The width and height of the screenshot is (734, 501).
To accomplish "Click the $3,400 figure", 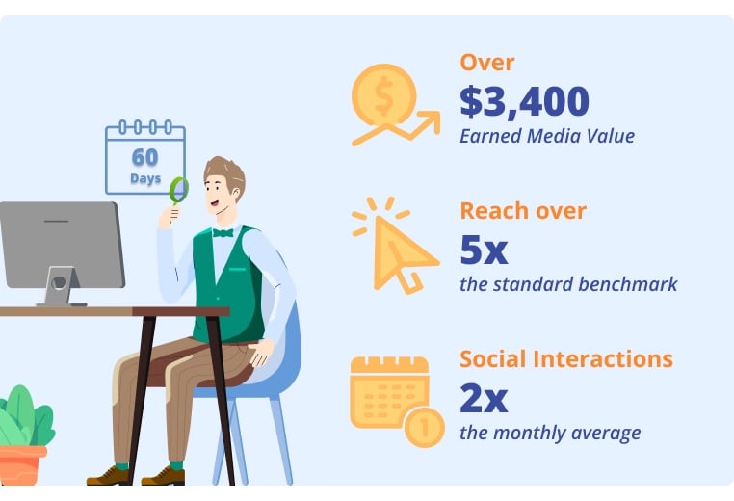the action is [x=524, y=101].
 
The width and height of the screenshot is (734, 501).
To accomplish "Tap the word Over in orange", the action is [x=486, y=63].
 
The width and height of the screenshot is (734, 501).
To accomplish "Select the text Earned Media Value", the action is [x=547, y=136].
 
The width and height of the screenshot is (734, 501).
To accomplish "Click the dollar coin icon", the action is [x=383, y=95].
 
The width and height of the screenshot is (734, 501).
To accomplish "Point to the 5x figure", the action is [x=484, y=250].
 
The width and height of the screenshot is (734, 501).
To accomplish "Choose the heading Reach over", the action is [x=523, y=211].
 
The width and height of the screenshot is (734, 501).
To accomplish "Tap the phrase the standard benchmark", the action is [x=568, y=284].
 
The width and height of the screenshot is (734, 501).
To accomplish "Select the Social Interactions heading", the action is [x=566, y=359].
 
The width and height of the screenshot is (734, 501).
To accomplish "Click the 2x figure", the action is [x=484, y=398].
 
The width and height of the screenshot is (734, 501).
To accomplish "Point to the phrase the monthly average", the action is [x=550, y=433].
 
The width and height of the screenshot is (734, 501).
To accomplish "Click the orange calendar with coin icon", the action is [x=397, y=401].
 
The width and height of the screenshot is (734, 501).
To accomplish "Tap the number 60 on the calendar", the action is [x=145, y=157].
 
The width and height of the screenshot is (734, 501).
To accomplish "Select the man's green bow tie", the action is [x=223, y=233].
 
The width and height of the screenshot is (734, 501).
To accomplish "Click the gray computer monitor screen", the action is [x=63, y=245].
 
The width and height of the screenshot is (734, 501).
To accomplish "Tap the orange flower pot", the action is [x=22, y=465].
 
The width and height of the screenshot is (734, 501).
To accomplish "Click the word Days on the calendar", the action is [x=145, y=179].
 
